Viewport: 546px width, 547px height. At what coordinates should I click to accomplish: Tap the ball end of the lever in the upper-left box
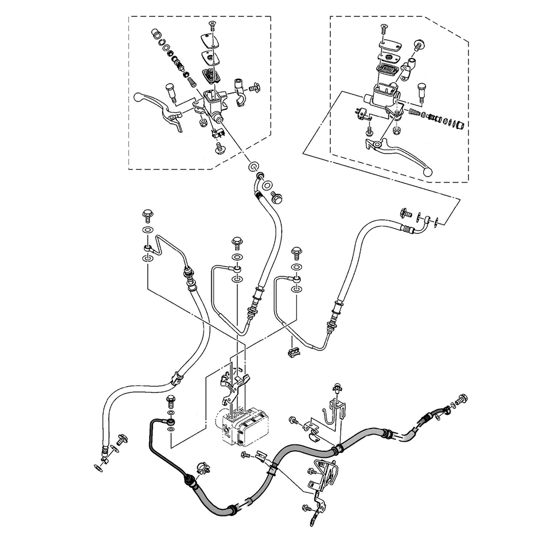pyautogui.click(x=138, y=98)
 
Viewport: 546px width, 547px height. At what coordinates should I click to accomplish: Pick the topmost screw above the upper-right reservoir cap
pyautogui.click(x=381, y=28)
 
